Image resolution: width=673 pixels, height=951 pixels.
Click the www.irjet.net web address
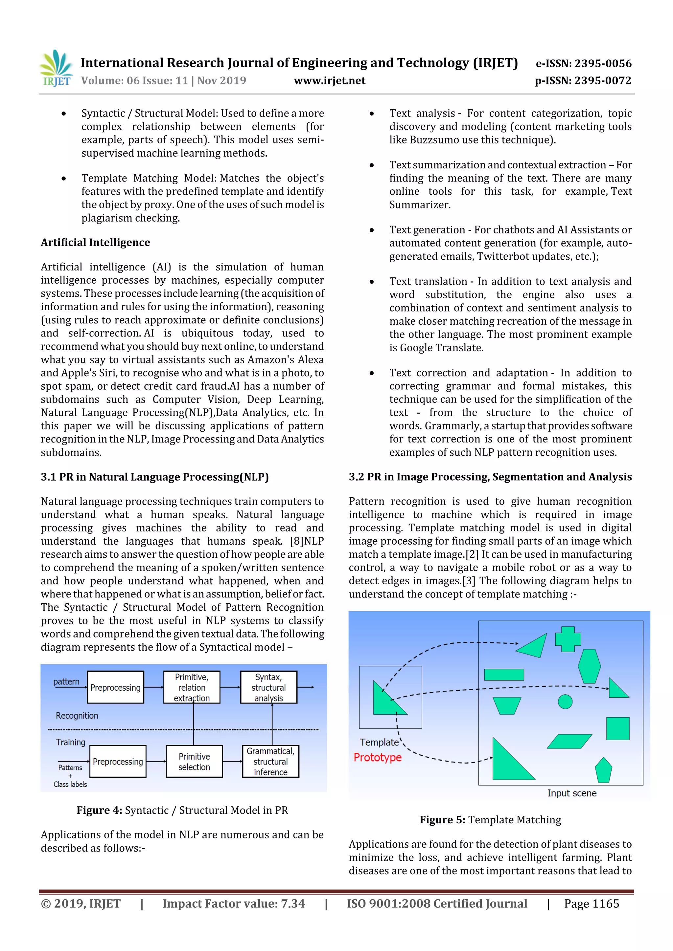click(330, 80)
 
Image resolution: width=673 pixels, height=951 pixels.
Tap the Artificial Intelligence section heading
click(95, 242)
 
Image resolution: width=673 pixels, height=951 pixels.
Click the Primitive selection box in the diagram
click(194, 761)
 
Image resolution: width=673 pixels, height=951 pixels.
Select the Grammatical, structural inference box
click(270, 761)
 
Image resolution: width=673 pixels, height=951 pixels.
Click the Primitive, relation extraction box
click(192, 687)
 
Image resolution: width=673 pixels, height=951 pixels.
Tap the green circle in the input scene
click(565, 702)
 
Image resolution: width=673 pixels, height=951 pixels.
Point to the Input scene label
click(571, 793)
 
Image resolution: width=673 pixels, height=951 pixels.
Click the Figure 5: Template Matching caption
click(490, 820)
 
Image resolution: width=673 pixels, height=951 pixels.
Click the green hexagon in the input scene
click(589, 666)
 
